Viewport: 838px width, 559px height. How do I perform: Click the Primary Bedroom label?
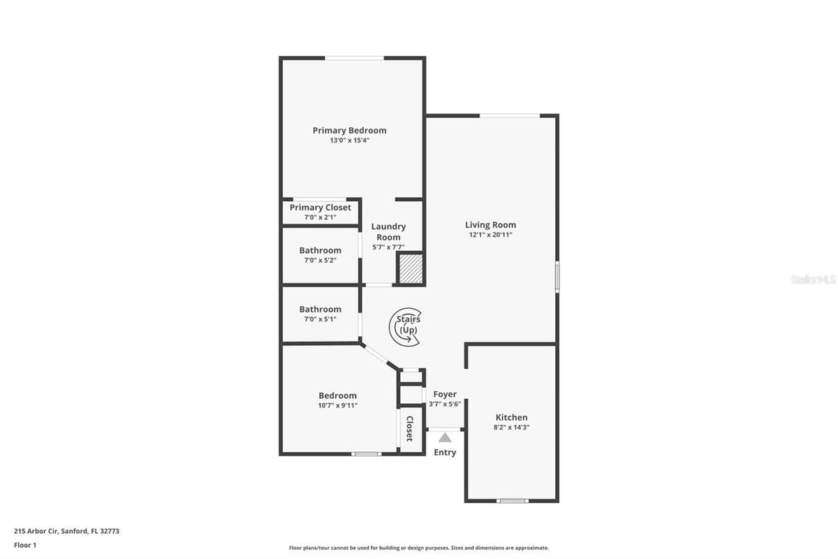349,130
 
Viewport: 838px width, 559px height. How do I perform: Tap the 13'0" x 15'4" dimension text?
349,140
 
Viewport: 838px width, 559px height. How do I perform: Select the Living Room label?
490,225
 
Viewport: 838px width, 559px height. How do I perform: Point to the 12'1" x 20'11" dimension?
490,235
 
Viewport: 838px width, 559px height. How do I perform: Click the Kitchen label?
511,417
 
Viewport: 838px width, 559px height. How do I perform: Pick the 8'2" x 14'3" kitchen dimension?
511,427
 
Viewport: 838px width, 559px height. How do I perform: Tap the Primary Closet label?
321,208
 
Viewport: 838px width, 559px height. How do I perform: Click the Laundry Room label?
388,232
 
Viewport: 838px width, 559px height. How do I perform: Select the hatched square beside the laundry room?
411,269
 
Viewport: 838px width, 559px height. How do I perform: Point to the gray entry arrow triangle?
444,437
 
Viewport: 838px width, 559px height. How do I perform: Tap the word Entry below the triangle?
445,452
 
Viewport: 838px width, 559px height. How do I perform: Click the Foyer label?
445,394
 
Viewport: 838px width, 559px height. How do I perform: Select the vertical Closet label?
410,428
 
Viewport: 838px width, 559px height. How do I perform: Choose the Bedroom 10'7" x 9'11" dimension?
337,405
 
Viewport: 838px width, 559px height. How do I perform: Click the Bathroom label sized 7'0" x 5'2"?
321,250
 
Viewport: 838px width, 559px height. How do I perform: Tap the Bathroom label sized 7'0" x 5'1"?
321,309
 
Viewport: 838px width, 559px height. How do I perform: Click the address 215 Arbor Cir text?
36,531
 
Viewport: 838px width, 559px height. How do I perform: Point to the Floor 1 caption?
25,545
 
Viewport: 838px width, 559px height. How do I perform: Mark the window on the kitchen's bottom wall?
513,500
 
